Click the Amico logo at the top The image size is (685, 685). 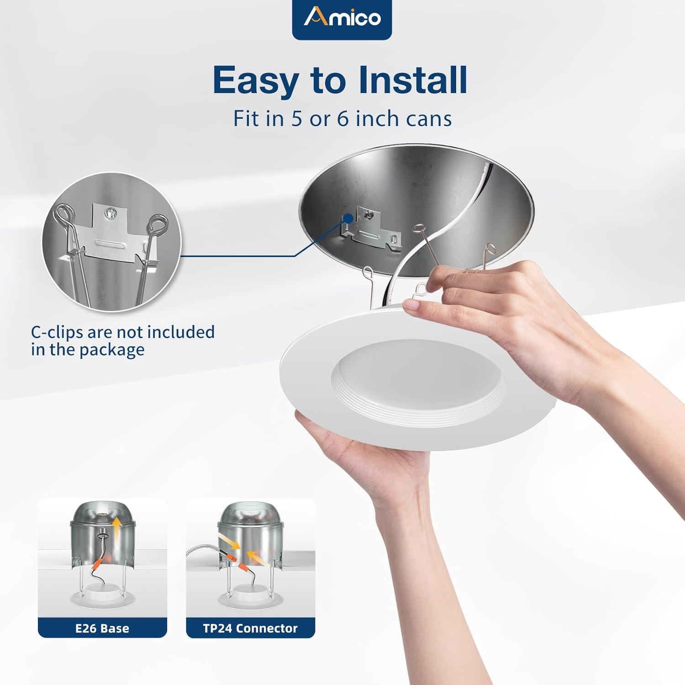[x=342, y=18]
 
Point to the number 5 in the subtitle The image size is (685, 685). [x=297, y=119]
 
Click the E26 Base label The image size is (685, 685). [x=102, y=628]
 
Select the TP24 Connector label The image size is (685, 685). [x=250, y=628]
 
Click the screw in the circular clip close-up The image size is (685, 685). [x=110, y=212]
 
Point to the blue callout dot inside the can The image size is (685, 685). [x=348, y=218]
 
